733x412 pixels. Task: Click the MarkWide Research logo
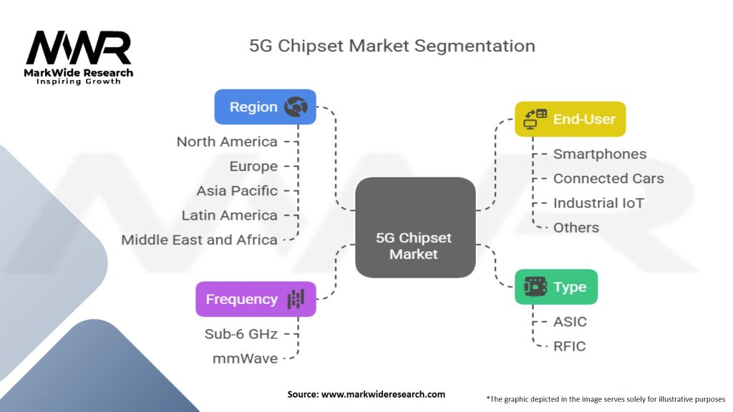[x=79, y=57]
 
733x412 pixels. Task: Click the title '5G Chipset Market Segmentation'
[x=392, y=46]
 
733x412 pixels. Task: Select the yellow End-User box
[x=570, y=119]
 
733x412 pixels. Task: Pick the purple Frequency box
[x=256, y=299]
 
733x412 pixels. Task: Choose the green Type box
[x=555, y=287]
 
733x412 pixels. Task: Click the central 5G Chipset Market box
[x=414, y=228]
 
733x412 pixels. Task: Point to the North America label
[x=227, y=142]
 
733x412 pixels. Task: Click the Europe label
[x=253, y=166]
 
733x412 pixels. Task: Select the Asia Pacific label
[x=237, y=191]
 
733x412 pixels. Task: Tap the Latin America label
[x=229, y=215]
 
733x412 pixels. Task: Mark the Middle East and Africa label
[x=199, y=240]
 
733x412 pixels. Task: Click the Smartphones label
[x=599, y=154]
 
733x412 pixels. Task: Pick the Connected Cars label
[x=608, y=178]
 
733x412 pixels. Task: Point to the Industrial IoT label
[x=598, y=203]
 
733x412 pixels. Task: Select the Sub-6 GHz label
[x=240, y=333]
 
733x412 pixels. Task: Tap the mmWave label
[x=244, y=358]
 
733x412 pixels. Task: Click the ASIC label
[x=570, y=321]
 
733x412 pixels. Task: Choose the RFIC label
[x=569, y=346]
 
